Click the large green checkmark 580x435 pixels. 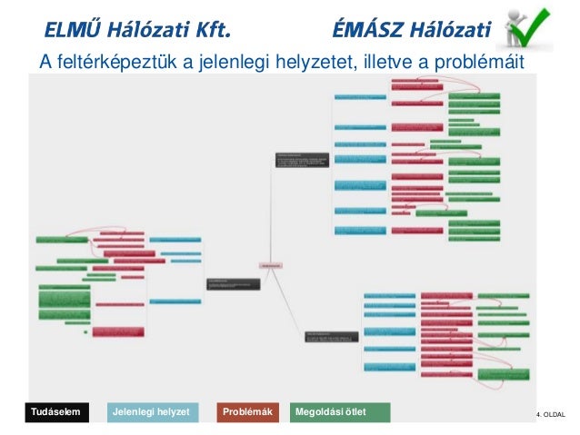point(536,27)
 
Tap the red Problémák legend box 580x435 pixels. point(248,413)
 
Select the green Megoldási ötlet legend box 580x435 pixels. point(338,413)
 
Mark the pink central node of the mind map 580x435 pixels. point(271,264)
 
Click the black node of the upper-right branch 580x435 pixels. point(301,159)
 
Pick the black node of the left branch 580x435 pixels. point(233,283)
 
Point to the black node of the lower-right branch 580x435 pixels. point(331,336)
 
